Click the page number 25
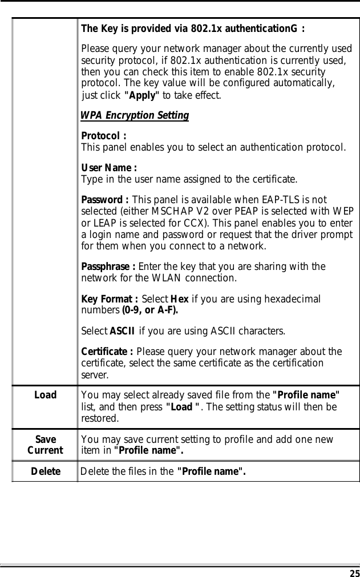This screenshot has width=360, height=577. click(354, 572)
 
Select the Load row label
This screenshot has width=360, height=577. click(45, 394)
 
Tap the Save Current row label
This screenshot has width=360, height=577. click(45, 445)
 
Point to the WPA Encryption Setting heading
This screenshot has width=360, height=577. click(135, 115)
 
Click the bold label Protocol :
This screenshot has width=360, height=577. click(104, 136)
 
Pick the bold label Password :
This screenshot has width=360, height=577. click(106, 200)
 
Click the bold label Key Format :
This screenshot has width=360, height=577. click(110, 299)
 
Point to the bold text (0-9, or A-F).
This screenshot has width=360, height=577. click(149, 311)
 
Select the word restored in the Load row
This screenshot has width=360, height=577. click(100, 418)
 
